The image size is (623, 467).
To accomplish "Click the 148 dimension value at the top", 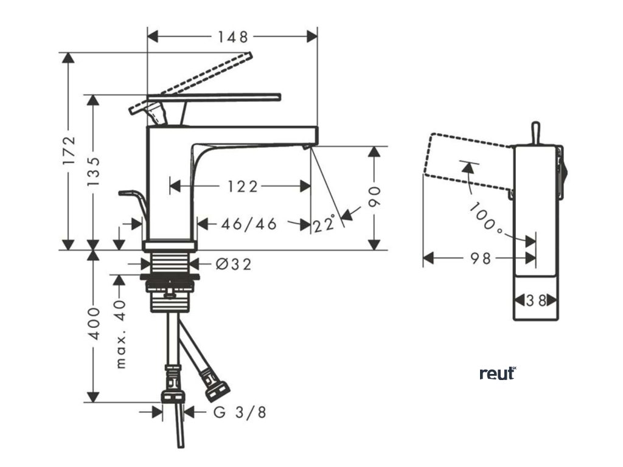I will (233, 37).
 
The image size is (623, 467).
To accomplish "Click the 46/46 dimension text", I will (249, 224).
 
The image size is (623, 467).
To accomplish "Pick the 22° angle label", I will (325, 225).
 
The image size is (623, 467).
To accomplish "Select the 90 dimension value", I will (375, 198).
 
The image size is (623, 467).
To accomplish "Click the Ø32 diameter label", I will (234, 264).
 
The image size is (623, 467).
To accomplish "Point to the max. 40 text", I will (120, 333).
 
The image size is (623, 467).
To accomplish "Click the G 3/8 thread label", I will (240, 412).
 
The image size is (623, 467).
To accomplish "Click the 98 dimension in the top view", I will (481, 258).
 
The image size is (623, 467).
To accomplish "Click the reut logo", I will (497, 373).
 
